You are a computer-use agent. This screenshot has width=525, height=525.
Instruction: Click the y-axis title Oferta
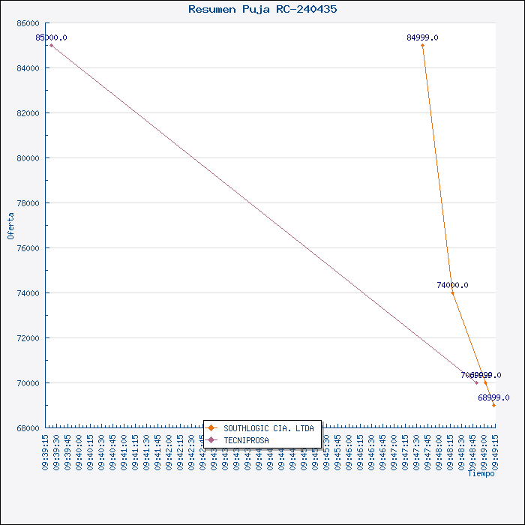(x=10, y=225)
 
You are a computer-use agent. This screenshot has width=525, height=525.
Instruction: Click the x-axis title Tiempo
(x=481, y=473)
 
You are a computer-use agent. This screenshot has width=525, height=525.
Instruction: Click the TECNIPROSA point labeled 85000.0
(x=51, y=45)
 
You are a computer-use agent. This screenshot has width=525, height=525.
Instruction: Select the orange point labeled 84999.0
(x=423, y=45)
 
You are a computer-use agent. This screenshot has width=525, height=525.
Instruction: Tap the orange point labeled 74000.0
(x=452, y=292)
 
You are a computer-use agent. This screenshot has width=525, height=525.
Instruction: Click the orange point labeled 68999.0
(x=493, y=405)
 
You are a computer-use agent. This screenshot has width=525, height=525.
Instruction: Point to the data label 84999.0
(x=423, y=37)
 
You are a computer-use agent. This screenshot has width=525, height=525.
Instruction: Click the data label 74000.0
(x=452, y=285)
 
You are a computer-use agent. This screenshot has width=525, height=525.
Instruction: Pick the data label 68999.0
(x=493, y=397)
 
